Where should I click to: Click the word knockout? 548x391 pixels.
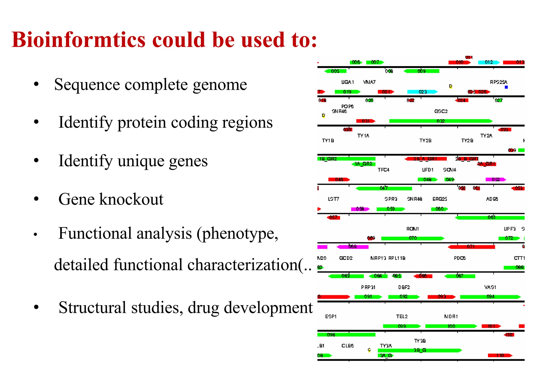pyautogui.click(x=131, y=200)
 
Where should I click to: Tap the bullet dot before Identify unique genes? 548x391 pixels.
pyautogui.click(x=36, y=161)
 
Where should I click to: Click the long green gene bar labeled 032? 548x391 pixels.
pyautogui.click(x=440, y=121)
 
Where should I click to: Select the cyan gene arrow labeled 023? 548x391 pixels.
pyautogui.click(x=422, y=92)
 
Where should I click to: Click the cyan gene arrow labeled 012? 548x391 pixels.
pyautogui.click(x=488, y=62)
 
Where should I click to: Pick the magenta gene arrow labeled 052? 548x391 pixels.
pyautogui.click(x=495, y=179)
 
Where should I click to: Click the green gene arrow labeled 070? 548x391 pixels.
pyautogui.click(x=412, y=238)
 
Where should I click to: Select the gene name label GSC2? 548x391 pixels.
pyautogui.click(x=441, y=111)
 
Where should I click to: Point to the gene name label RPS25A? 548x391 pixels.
pyautogui.click(x=498, y=82)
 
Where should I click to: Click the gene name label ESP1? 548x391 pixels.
pyautogui.click(x=331, y=317)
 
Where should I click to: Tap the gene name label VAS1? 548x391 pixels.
pyautogui.click(x=490, y=287)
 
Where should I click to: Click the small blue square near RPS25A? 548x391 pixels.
pyautogui.click(x=506, y=87)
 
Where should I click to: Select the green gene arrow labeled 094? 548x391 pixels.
pyautogui.click(x=490, y=297)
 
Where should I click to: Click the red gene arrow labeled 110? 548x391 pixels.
pyautogui.click(x=500, y=355)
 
